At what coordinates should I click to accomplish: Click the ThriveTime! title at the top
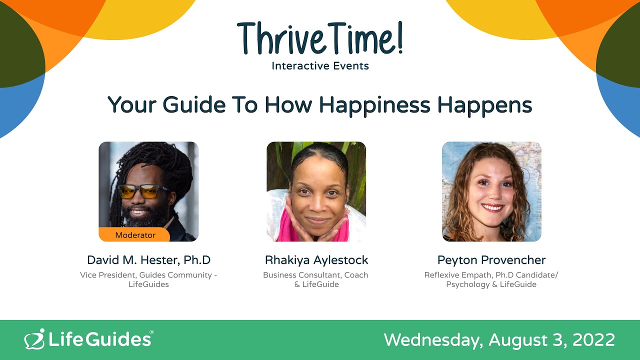[320, 39]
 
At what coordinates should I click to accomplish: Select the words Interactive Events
[320, 65]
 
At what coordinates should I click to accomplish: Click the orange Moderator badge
[135, 234]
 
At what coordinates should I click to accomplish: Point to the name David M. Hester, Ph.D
[148, 260]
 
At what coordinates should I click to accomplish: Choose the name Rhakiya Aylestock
[316, 260]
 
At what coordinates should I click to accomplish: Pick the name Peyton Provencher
[491, 260]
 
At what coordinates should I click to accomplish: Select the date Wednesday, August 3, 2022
[499, 340]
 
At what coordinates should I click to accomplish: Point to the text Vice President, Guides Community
[148, 275]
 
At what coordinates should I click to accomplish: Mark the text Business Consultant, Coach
[316, 275]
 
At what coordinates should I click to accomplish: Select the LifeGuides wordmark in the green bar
[100, 339]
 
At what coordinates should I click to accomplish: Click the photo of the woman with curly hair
[491, 191]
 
